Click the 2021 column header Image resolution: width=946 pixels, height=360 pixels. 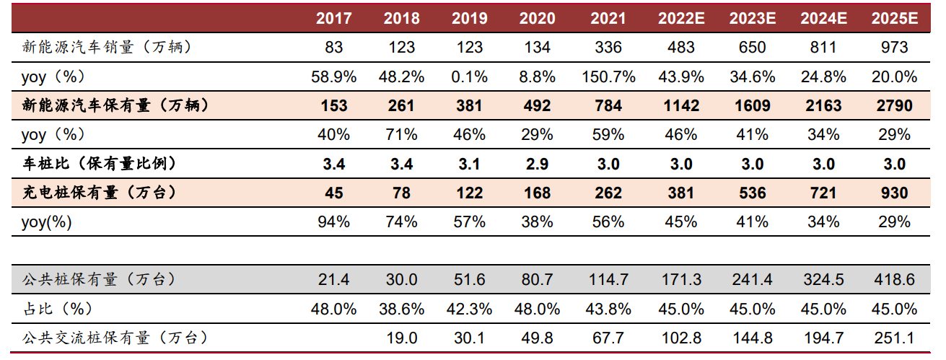[x=608, y=19]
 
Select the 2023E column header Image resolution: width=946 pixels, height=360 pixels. [x=752, y=19]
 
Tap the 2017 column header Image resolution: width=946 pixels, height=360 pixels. [x=334, y=19]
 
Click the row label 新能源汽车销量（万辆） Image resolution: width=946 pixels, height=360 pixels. [x=107, y=48]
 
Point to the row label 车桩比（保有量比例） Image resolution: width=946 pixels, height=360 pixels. [x=99, y=164]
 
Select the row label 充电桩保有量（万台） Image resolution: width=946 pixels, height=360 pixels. [x=99, y=193]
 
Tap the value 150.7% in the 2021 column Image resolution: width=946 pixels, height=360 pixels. [x=608, y=76]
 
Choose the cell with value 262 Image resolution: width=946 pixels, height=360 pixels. [x=608, y=193]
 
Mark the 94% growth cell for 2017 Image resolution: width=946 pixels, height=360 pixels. [x=334, y=221]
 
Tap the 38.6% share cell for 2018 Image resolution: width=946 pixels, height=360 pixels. [x=402, y=309]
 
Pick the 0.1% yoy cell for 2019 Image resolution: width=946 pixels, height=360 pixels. [x=470, y=76]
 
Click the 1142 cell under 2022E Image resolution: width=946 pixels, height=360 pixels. [x=680, y=106]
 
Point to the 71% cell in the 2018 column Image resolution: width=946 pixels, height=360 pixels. [x=402, y=135]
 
